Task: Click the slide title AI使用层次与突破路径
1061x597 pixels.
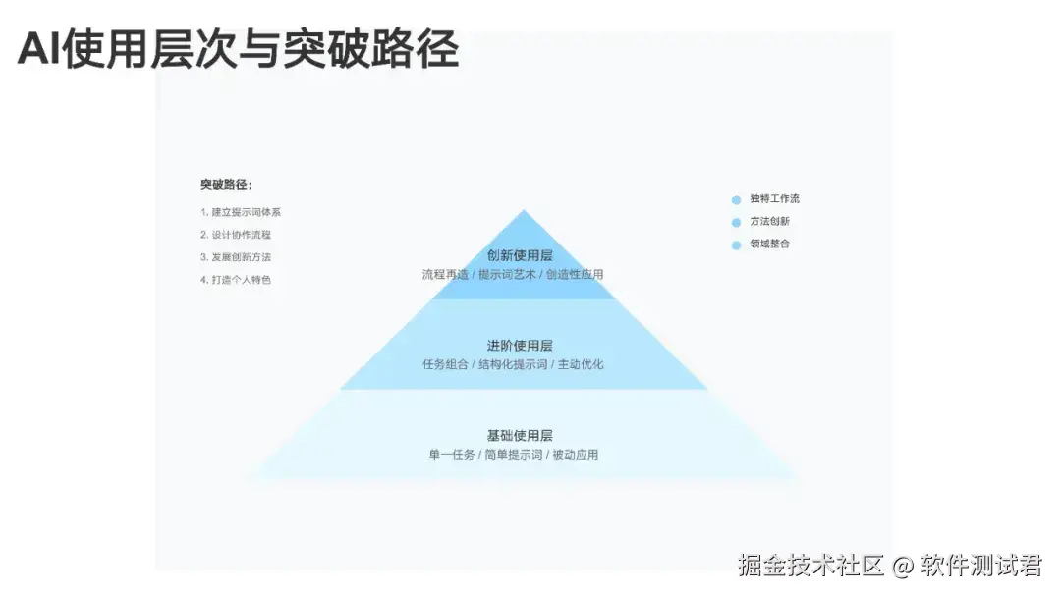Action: click(x=238, y=50)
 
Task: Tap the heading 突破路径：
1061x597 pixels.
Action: click(x=226, y=185)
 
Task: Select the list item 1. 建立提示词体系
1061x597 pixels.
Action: click(x=241, y=212)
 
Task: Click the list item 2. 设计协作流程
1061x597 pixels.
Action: click(x=236, y=235)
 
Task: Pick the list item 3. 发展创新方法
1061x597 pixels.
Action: click(x=236, y=257)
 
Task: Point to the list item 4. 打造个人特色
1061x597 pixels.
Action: click(x=236, y=280)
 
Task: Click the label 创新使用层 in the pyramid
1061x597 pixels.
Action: click(x=520, y=255)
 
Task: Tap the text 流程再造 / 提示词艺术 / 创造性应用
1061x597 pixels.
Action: click(x=513, y=275)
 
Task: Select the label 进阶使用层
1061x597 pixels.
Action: click(x=520, y=346)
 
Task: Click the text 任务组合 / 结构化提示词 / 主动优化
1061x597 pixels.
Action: click(x=513, y=364)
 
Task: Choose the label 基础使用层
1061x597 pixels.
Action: click(x=520, y=435)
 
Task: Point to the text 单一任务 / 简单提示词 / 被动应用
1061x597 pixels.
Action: click(x=513, y=455)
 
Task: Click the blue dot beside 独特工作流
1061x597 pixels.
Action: click(x=736, y=200)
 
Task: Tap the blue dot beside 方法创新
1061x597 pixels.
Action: click(x=736, y=223)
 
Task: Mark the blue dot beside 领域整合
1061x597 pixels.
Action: click(x=736, y=245)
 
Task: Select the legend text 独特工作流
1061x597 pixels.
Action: click(x=774, y=199)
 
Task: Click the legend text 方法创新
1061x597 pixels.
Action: click(x=769, y=222)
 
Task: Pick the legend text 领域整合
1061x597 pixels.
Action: click(x=769, y=244)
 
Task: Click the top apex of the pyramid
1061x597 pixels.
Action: click(x=524, y=212)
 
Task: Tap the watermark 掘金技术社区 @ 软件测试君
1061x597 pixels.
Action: click(x=890, y=566)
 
